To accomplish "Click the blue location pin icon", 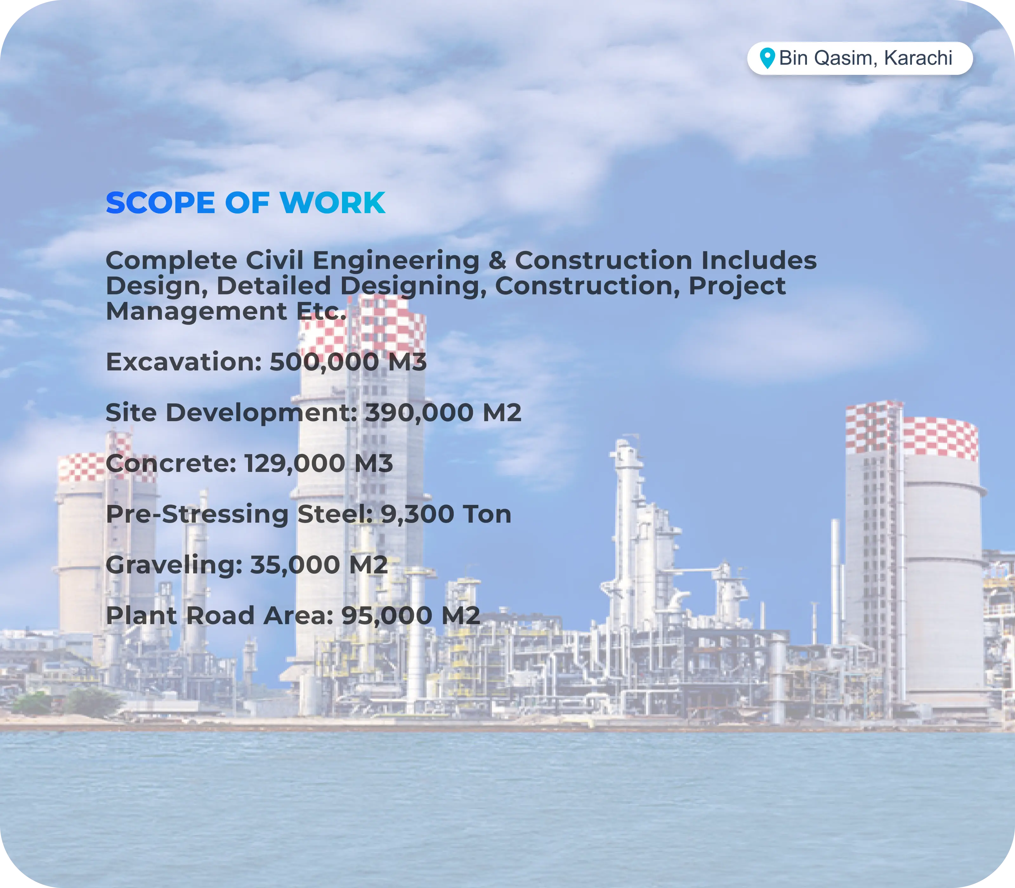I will [767, 58].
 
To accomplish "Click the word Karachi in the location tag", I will [918, 58].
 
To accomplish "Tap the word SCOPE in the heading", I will [160, 203].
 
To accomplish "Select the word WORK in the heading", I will [332, 203].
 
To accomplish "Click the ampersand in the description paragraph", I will [497, 261].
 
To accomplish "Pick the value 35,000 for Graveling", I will [295, 565].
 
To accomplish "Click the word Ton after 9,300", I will [487, 514].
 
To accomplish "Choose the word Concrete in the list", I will [168, 464].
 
